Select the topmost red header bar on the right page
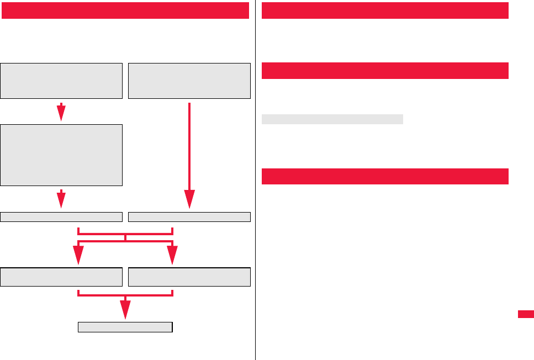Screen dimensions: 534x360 pyautogui.click(x=384, y=10)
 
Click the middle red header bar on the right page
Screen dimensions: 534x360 pyautogui.click(x=384, y=71)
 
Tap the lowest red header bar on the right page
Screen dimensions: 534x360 pyautogui.click(x=384, y=176)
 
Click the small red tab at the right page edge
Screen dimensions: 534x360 pyautogui.click(x=526, y=314)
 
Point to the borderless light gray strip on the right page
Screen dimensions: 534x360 pyautogui.click(x=332, y=119)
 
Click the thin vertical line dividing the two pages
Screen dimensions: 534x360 pyautogui.click(x=255, y=180)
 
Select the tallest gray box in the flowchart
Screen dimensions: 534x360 pyautogui.click(x=61, y=155)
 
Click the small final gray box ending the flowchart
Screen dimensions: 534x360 pyautogui.click(x=125, y=327)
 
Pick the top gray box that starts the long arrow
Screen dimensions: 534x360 pyautogui.click(x=189, y=81)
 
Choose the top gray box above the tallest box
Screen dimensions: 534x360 pyautogui.click(x=61, y=81)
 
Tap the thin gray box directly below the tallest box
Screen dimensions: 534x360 pyautogui.click(x=61, y=216)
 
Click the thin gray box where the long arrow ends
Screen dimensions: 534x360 pyautogui.click(x=189, y=216)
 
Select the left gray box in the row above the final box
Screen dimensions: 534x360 pyautogui.click(x=61, y=277)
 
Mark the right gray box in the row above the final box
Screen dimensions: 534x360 pyautogui.click(x=189, y=277)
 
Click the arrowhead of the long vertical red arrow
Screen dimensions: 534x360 pyautogui.click(x=189, y=199)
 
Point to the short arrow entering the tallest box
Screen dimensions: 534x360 pyautogui.click(x=61, y=112)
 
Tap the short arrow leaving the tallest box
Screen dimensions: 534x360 pyautogui.click(x=61, y=199)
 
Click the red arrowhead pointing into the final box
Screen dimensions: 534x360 pyautogui.click(x=126, y=310)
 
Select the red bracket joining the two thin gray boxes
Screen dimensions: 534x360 pyautogui.click(x=126, y=231)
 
